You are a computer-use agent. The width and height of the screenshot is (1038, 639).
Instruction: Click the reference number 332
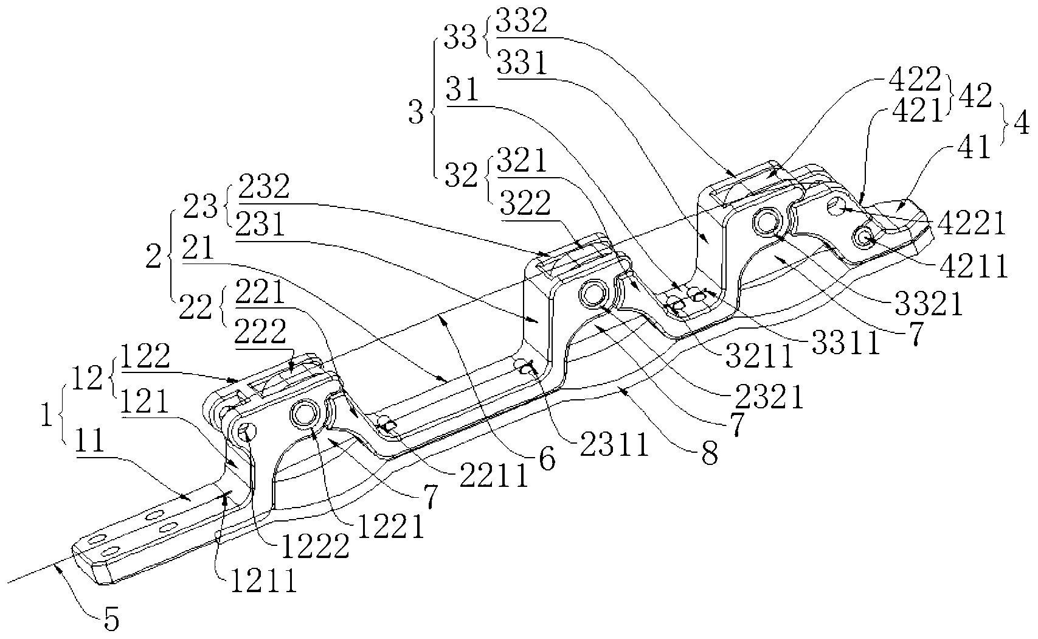[x=521, y=21]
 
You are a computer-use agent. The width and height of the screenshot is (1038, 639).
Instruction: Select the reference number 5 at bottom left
[x=111, y=619]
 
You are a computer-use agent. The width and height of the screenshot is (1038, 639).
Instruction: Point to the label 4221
[x=971, y=223]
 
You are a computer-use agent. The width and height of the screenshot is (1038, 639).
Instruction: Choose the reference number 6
[x=547, y=460]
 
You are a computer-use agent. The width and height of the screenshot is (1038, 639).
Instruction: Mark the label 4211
[x=974, y=266]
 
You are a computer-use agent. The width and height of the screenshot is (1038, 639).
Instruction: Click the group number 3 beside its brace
[x=416, y=113]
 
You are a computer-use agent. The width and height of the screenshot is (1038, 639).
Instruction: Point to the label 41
[x=975, y=147]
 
